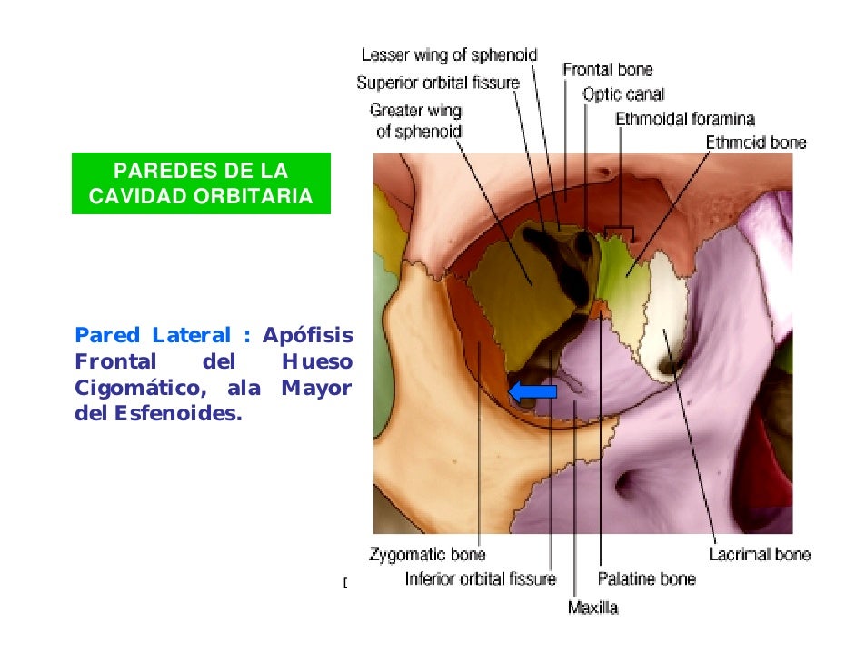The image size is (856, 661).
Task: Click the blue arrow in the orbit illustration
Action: coord(532,390)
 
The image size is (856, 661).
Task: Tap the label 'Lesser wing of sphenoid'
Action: coord(450,54)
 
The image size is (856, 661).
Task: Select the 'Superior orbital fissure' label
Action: coord(438,83)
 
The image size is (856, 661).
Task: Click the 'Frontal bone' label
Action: coord(607,69)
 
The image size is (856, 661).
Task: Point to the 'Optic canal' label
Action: coord(623,94)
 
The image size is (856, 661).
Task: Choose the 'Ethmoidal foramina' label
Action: coord(684,118)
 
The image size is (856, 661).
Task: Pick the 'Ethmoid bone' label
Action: coord(756,143)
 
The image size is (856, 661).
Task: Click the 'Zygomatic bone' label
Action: coord(427,554)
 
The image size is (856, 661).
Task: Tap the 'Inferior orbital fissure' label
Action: coord(480,578)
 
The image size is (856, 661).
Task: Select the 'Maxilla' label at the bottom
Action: coord(592,607)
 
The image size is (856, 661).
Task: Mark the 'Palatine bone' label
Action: coord(646,578)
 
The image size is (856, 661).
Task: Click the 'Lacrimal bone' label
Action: coord(760,554)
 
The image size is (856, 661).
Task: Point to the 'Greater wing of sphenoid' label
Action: coord(415,121)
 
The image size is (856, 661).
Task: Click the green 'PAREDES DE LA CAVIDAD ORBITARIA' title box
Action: coord(201,183)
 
